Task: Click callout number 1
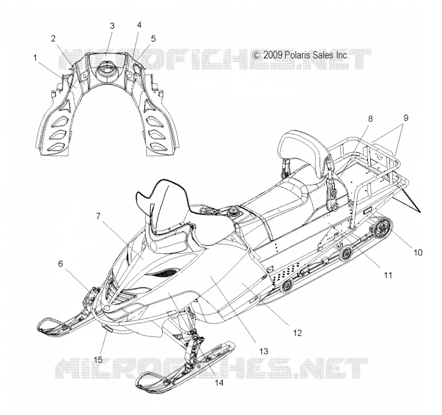(x=35, y=58)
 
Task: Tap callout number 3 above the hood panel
(x=112, y=26)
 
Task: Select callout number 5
(x=153, y=39)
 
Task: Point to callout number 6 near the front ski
(x=61, y=264)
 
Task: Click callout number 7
(x=98, y=216)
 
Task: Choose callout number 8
(x=370, y=119)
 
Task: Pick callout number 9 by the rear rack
(x=406, y=118)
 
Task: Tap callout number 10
(x=418, y=253)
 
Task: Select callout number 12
(x=297, y=333)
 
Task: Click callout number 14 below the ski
(x=219, y=382)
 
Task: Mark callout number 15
(x=98, y=360)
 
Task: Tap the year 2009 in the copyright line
(x=272, y=55)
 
